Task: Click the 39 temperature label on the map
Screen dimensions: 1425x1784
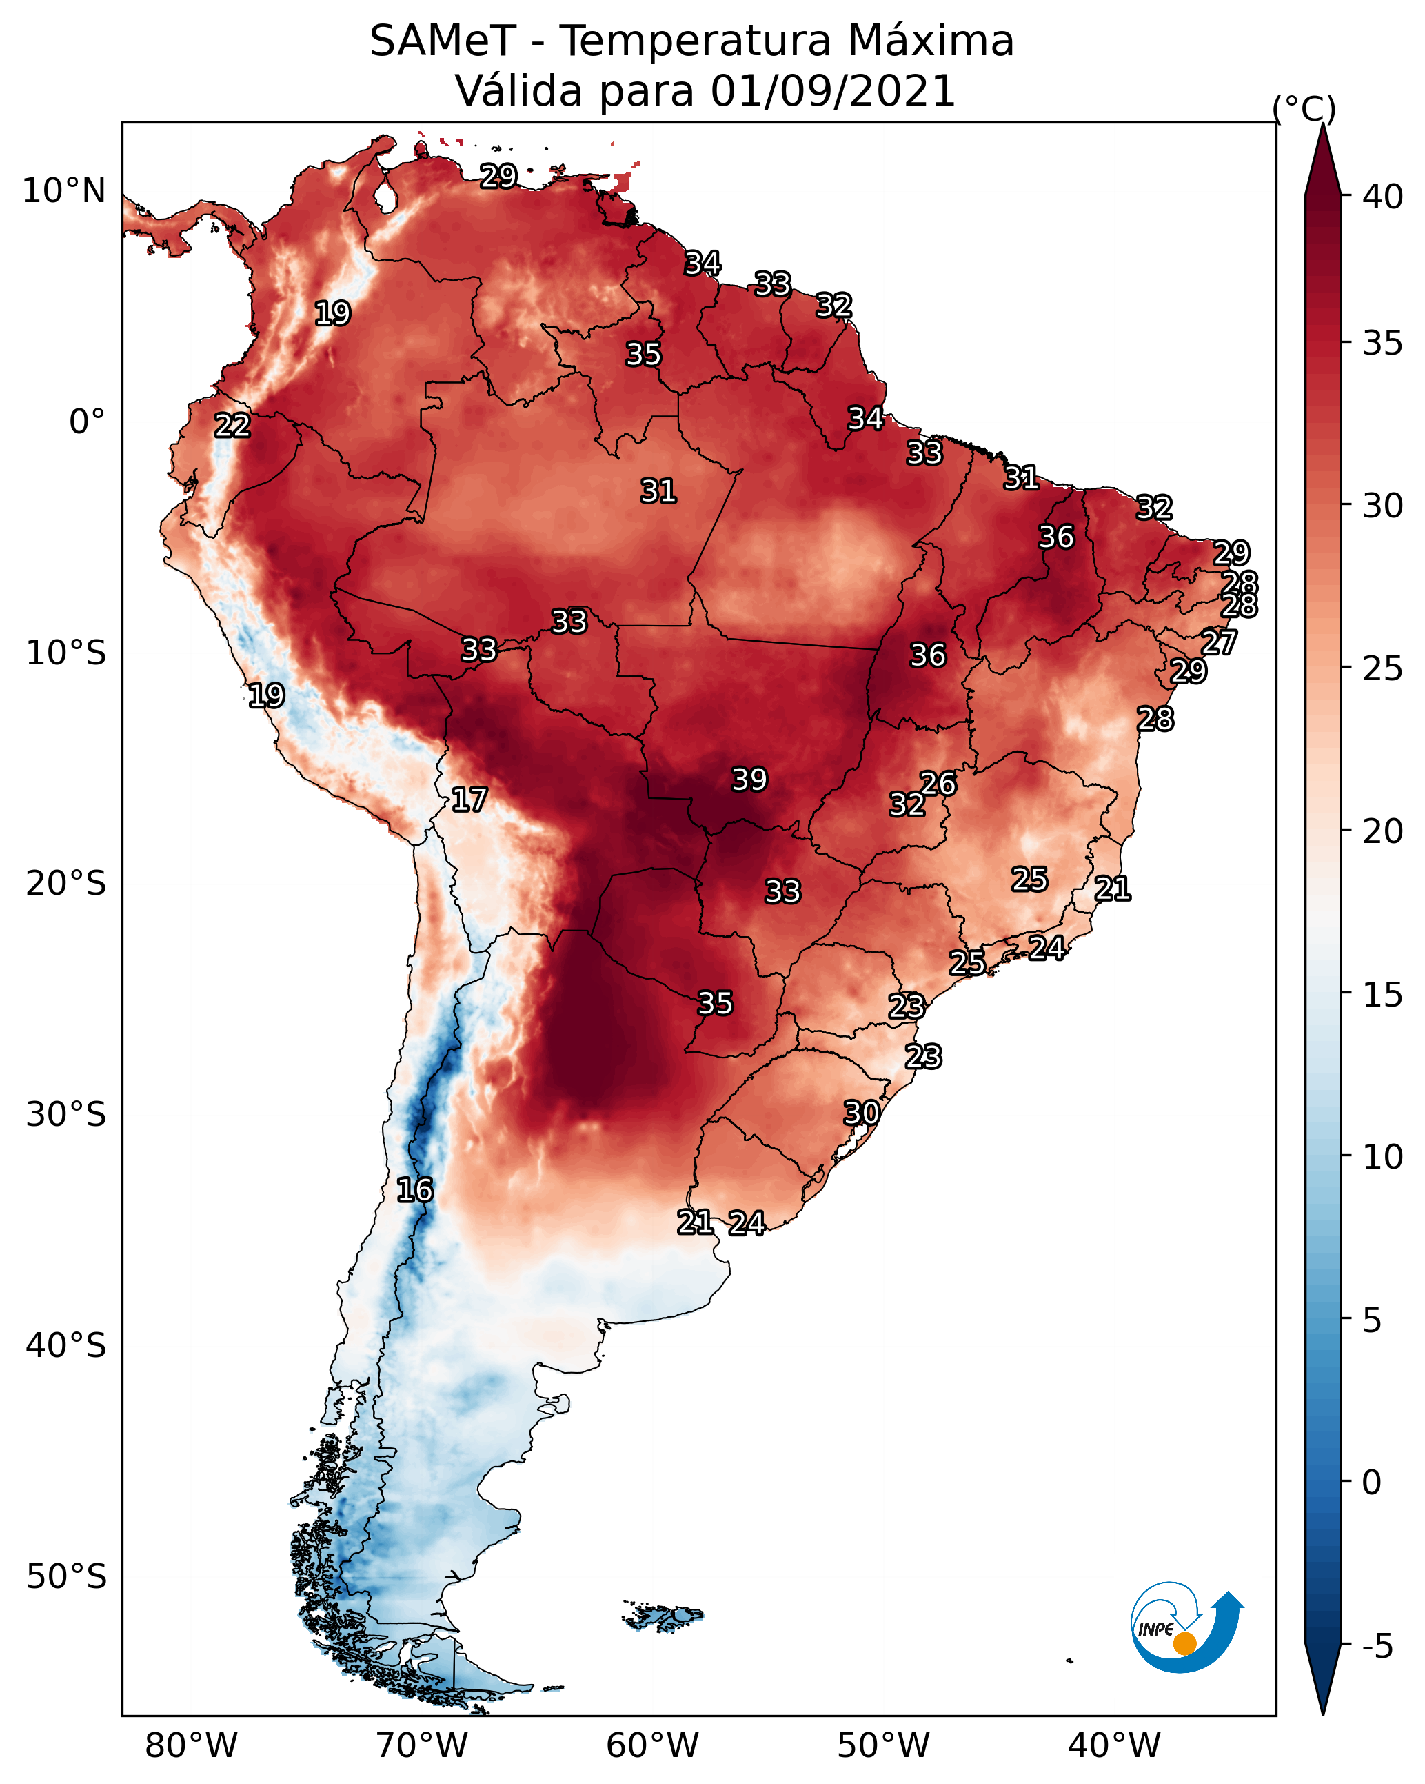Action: coord(749,780)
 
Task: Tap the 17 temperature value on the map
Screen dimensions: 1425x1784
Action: coord(469,800)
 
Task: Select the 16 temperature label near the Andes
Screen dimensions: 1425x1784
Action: coord(414,1190)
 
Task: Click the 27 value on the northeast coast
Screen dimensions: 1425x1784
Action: coord(1218,642)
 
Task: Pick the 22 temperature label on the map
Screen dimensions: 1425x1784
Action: coord(232,426)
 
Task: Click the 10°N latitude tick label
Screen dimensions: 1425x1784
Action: coord(63,191)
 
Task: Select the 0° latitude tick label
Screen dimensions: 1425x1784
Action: coord(88,422)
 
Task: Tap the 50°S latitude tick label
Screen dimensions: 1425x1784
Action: coord(66,1577)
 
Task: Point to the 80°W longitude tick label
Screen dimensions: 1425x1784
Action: coord(191,1746)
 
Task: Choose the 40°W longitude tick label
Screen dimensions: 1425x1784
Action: coord(1114,1746)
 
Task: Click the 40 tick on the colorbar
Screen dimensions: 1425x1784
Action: coord(1383,197)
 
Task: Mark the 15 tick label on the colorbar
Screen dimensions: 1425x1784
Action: coord(1383,995)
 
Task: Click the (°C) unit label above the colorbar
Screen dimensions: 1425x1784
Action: coord(1304,108)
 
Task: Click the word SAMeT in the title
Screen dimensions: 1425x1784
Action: coord(443,41)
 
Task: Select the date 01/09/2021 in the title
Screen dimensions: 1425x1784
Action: coord(833,91)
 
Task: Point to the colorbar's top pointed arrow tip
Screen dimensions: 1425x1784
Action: coord(1323,124)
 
